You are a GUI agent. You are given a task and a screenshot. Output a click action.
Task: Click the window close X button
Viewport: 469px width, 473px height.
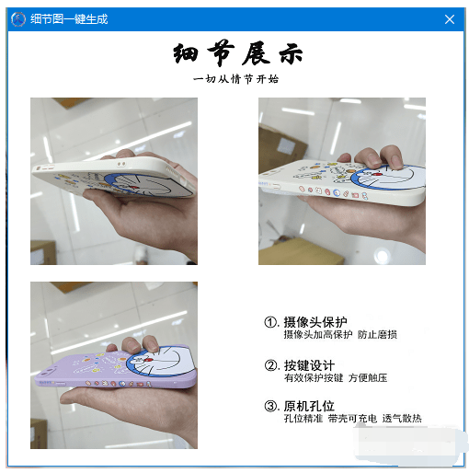point(450,18)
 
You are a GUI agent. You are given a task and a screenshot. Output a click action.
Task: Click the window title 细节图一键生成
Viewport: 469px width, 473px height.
point(69,18)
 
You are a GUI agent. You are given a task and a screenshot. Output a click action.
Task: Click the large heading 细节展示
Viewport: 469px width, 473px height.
point(237,53)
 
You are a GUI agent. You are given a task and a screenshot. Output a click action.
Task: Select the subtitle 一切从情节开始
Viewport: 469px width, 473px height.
point(236,79)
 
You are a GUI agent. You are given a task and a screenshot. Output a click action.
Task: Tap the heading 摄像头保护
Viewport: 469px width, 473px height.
point(315,322)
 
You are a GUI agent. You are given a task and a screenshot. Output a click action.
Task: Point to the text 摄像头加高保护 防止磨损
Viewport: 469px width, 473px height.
point(340,335)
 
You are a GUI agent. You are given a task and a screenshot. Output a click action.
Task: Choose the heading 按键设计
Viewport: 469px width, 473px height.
point(309,364)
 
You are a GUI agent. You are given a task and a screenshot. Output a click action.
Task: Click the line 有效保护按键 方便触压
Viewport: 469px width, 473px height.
point(335,377)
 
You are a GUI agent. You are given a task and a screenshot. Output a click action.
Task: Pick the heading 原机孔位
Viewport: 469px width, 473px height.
point(309,406)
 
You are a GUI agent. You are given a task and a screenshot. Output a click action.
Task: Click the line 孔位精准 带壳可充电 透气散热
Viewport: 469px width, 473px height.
point(352,419)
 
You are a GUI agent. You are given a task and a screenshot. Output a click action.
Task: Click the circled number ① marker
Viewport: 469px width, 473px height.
point(271,323)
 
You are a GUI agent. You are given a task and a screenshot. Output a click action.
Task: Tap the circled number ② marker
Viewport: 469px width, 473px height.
point(271,365)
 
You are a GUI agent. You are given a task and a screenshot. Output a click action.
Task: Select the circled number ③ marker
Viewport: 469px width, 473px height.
point(271,407)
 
